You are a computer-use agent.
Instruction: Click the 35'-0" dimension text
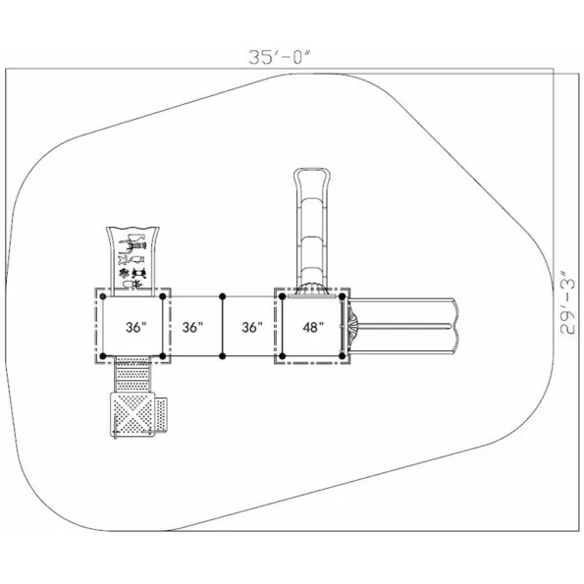click(x=279, y=57)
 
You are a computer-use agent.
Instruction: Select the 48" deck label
click(x=313, y=328)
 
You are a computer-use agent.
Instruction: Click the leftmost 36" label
click(x=136, y=328)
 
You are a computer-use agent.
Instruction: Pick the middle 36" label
click(x=192, y=328)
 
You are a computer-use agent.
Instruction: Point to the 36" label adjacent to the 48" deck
click(x=252, y=328)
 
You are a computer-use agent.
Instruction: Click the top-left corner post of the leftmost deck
click(x=103, y=296)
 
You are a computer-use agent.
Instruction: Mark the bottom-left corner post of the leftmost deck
click(x=103, y=356)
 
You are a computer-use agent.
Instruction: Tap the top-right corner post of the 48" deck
click(x=343, y=296)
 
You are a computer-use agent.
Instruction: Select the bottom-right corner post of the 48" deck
click(x=343, y=356)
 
